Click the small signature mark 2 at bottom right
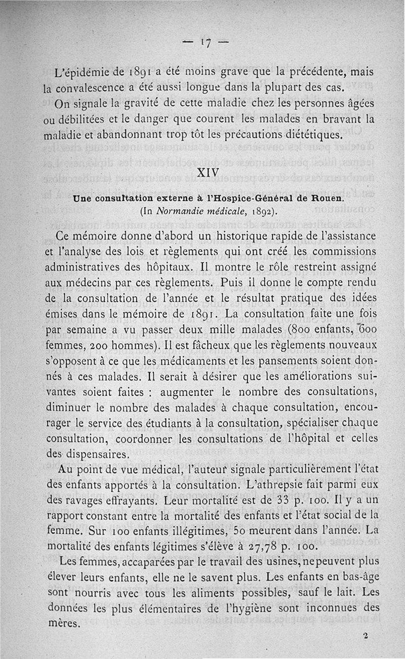pos(365,635)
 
